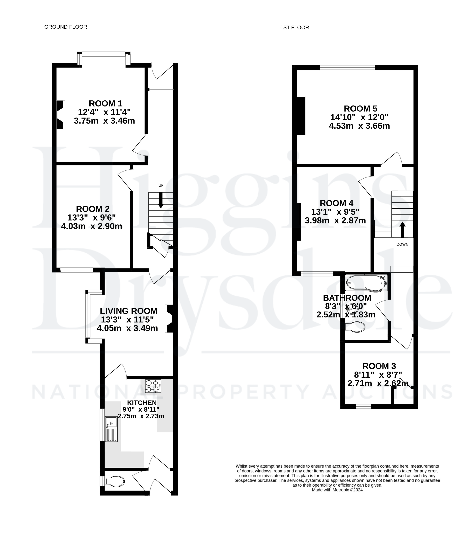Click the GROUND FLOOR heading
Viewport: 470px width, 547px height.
pos(66,27)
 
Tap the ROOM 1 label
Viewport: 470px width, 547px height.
pos(105,103)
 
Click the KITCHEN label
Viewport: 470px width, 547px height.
pos(142,403)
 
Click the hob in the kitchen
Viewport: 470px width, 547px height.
pos(153,386)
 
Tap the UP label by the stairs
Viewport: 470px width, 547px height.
pos(161,185)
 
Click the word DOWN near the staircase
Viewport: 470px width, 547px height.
pos(402,244)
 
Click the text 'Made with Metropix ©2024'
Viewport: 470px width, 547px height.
pos(337,490)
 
